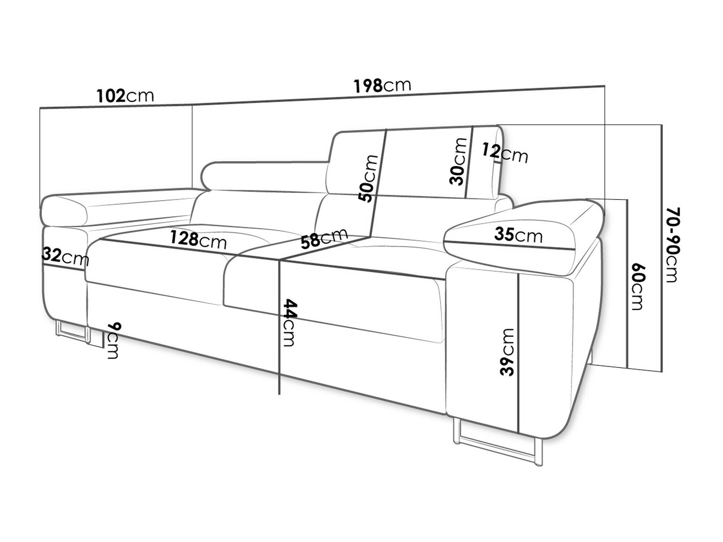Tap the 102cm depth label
(x=125, y=96)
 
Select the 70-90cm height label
(x=671, y=245)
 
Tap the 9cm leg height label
(x=113, y=340)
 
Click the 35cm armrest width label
(x=518, y=235)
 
